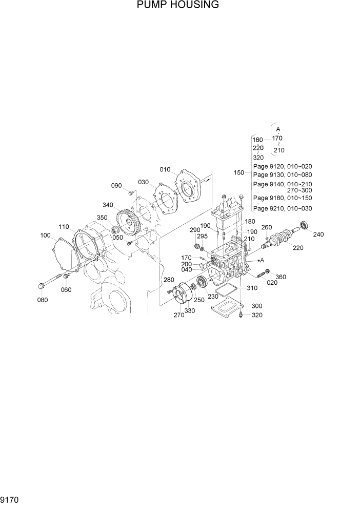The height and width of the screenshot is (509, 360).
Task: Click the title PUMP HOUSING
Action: pos(178,6)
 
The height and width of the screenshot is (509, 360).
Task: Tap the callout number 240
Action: pos(319,234)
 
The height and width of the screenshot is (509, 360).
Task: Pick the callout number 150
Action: pos(239,173)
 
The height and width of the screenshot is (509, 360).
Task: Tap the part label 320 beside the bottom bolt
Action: pos(257,315)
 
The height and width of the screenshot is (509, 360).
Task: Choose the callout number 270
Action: pos(178,315)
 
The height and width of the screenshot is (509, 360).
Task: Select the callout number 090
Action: pos(116,185)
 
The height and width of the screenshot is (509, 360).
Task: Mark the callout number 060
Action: pos(66,289)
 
